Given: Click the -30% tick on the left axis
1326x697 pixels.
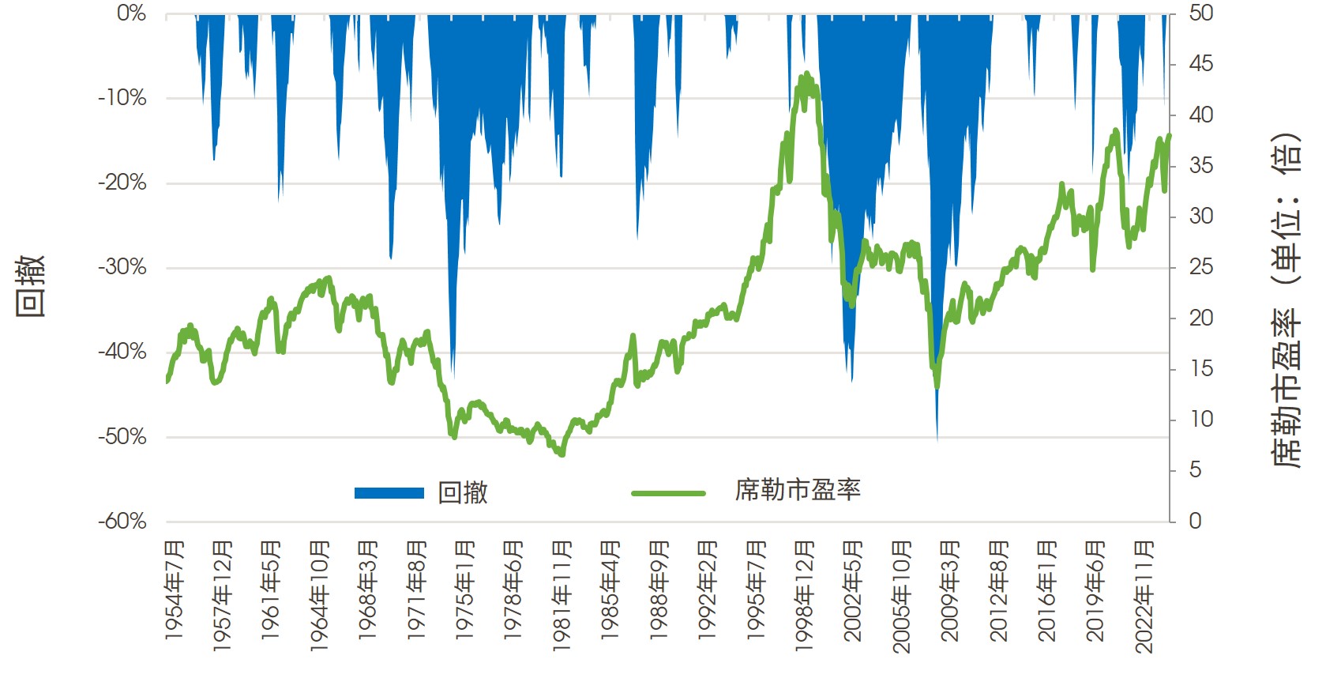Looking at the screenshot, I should tap(122, 267).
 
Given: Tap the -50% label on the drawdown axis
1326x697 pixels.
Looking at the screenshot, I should tap(122, 437).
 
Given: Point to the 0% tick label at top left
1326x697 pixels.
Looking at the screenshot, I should tap(131, 13).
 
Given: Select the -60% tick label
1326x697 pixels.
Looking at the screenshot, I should tap(122, 522).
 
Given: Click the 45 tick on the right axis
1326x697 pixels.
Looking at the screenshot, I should tap(1200, 64).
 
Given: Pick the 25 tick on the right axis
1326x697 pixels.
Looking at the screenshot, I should tap(1200, 267).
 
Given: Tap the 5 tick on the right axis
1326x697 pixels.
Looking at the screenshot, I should tap(1196, 470).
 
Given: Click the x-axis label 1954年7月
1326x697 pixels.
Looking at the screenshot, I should tap(175, 590).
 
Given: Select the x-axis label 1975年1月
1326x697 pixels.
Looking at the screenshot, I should tap(465, 590).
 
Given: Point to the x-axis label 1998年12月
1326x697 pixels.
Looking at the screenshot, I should tap(805, 597).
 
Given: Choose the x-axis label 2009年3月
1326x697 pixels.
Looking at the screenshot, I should tap(950, 590).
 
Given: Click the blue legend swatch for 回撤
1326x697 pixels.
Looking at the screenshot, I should tap(389, 493).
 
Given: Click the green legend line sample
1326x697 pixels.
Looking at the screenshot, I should tap(668, 493).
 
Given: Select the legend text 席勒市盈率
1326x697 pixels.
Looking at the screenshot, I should tap(798, 491).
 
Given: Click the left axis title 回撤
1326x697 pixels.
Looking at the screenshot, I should tap(31, 285).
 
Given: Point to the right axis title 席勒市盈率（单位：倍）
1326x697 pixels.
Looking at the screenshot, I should tap(1287, 300).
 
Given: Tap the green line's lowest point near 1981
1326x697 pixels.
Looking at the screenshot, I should tap(562, 454).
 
